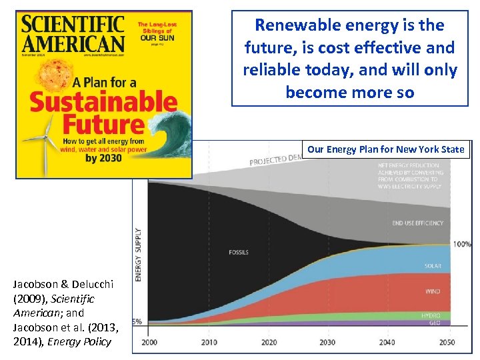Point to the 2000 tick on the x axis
click(x=149, y=342)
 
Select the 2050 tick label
click(x=446, y=342)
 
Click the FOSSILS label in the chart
click(x=238, y=253)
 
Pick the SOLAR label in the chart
click(x=433, y=266)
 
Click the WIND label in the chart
click(x=433, y=291)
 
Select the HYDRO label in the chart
click(x=431, y=315)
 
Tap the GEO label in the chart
click(x=435, y=322)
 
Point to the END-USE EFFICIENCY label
click(x=417, y=223)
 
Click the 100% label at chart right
click(x=461, y=244)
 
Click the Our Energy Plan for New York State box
click(x=385, y=149)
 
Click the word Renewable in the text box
click(x=298, y=25)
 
